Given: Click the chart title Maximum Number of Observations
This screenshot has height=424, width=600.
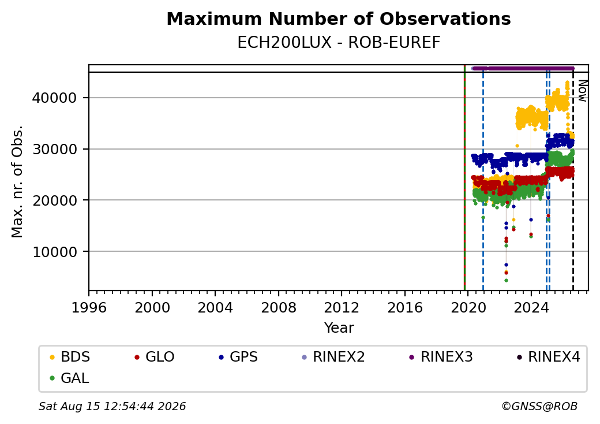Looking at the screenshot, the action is (x=339, y=18).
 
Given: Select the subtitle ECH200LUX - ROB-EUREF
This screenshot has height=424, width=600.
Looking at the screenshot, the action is (x=339, y=43).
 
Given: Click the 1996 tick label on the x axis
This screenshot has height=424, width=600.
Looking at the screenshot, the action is (x=89, y=307).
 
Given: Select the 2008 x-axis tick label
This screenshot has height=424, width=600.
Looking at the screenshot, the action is (x=279, y=307).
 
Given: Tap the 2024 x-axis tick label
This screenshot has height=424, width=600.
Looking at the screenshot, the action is (x=531, y=307).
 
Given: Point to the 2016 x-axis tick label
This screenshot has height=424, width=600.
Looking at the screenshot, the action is (x=405, y=307).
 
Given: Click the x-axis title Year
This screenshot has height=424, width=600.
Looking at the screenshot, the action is (x=339, y=328).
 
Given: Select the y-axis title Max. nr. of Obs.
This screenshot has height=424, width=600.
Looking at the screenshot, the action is (x=17, y=181).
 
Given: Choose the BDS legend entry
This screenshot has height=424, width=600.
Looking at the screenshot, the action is (x=70, y=357).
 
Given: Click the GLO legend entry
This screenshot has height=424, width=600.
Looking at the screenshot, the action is (x=154, y=357).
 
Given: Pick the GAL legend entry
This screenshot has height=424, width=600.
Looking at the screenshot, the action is (x=69, y=378).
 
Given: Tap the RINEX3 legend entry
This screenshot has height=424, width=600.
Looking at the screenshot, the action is (x=441, y=357).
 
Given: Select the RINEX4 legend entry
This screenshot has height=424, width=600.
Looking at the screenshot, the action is (x=548, y=357).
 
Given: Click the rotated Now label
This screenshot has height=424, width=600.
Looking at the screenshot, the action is (x=582, y=91).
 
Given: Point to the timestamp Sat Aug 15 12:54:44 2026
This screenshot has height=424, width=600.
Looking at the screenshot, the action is (x=112, y=406).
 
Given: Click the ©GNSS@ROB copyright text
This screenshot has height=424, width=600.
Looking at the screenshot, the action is (x=539, y=406).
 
